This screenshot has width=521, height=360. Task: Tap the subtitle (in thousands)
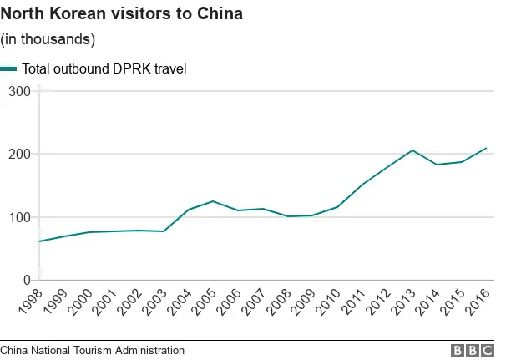pyautogui.click(x=48, y=39)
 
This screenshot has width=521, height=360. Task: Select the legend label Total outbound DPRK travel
pyautogui.click(x=104, y=68)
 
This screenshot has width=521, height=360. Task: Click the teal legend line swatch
pyautogui.click(x=9, y=68)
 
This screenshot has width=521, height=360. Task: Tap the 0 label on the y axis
pyautogui.click(x=27, y=281)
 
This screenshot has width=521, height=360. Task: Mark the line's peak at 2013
pyautogui.click(x=412, y=150)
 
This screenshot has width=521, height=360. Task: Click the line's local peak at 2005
pyautogui.click(x=213, y=201)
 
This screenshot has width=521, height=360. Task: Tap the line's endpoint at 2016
pyautogui.click(x=487, y=148)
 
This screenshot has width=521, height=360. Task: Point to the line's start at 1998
pyautogui.click(x=39, y=241)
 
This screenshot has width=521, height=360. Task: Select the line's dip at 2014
pyautogui.click(x=437, y=165)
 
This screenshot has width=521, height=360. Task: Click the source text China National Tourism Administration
pyautogui.click(x=92, y=351)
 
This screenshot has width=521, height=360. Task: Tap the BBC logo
pyautogui.click(x=473, y=351)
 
